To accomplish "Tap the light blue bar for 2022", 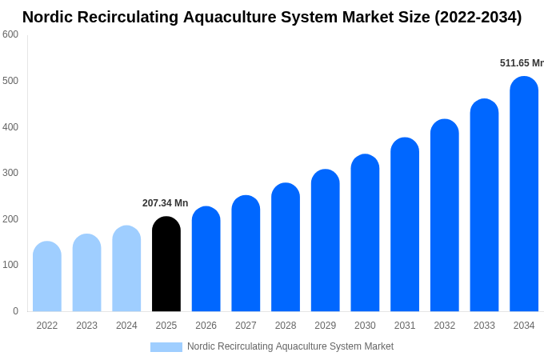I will point(47,277).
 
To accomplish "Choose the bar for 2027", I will point(246,254).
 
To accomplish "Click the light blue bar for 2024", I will point(126,269).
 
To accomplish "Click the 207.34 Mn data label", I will point(165,203).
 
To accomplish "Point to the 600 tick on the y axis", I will point(10,34).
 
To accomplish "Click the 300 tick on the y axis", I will point(10,173).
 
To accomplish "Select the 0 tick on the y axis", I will point(15,311).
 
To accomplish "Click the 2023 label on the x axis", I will point(86,326).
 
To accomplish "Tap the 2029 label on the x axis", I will point(325,326).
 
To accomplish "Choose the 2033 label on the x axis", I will point(484,326).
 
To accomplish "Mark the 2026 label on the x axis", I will point(206,326).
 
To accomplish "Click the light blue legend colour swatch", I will point(166,347).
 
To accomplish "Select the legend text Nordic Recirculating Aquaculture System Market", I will point(290,346).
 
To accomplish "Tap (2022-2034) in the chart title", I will point(478,17).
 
